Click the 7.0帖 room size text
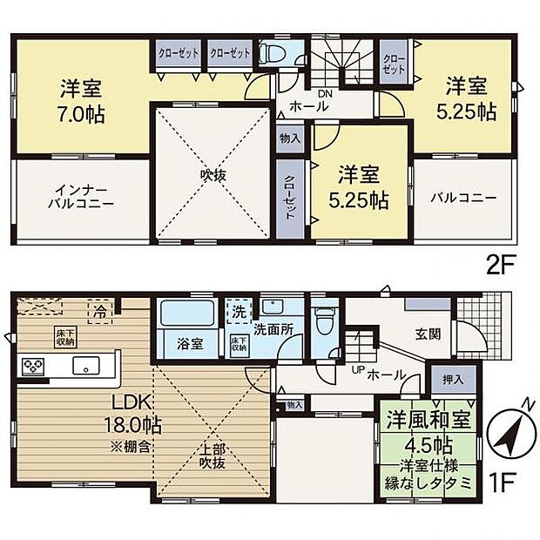click(82, 113)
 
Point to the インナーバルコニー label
click(81, 198)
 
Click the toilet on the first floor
click(325, 323)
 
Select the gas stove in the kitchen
click(32, 366)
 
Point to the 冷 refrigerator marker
click(101, 308)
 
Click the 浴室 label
click(191, 343)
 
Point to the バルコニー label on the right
click(462, 198)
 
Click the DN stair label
click(325, 93)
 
